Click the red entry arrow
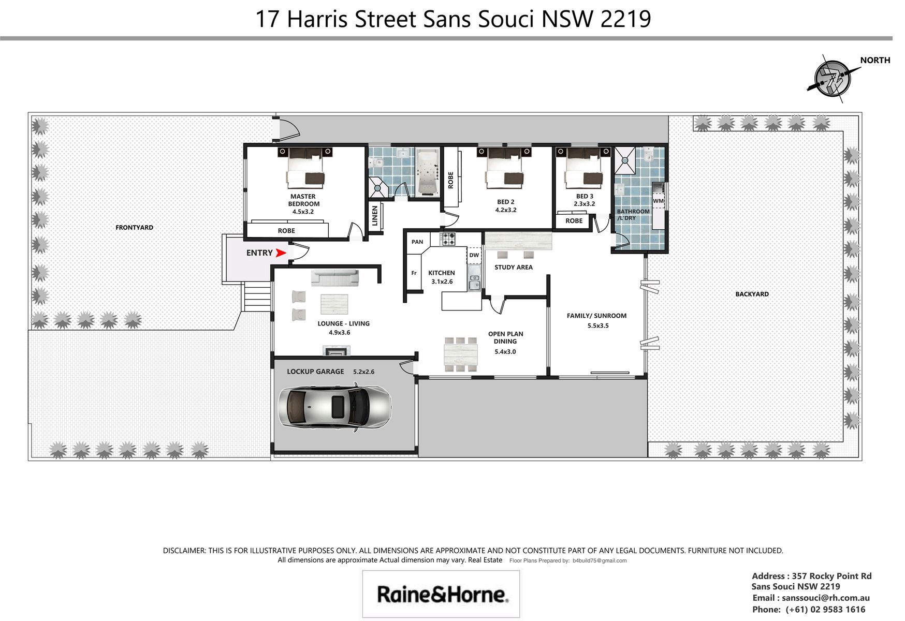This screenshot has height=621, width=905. pos(281,253)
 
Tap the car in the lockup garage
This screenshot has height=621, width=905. pos(334,407)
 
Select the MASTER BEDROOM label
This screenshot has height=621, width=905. pos(303,200)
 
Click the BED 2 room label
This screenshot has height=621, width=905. pos(506,202)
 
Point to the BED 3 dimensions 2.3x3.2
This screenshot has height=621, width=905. pos(585,204)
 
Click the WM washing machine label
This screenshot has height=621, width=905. pos(658,201)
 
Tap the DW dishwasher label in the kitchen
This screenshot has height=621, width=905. pos(474,255)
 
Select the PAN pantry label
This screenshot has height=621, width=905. pos(417,242)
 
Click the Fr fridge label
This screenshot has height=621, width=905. pos(414,273)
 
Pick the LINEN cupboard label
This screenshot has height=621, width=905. pos(375,216)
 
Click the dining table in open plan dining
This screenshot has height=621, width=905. pos(461,355)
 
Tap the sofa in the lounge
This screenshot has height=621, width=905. pos(334,278)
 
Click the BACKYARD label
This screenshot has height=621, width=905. pos(752,294)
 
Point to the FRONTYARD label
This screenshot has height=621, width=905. pos(134,227)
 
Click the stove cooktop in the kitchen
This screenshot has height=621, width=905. pos(447,239)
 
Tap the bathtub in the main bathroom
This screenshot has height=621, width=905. pos(427,172)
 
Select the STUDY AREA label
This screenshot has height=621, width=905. pos(514,267)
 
